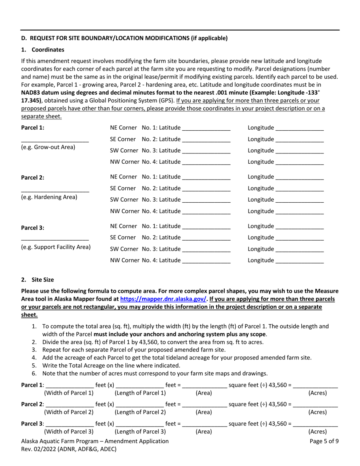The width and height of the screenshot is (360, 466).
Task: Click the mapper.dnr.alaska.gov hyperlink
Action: click(163, 299)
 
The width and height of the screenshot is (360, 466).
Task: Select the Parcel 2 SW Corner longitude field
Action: click(300, 200)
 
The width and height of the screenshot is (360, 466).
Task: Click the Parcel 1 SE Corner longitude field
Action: click(300, 139)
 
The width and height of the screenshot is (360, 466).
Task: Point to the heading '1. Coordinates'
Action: click(43, 50)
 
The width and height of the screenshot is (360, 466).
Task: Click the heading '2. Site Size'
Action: click(38, 280)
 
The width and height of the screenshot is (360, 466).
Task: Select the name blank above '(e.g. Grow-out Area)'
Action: click(55, 139)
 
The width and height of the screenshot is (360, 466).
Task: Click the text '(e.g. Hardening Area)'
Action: click(49, 197)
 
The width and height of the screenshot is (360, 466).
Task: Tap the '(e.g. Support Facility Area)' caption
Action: click(56, 247)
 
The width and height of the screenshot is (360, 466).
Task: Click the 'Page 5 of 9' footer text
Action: click(324, 441)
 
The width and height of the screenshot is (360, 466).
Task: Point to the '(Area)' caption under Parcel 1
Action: click(203, 393)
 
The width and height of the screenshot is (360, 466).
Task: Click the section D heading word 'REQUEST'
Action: click(44, 38)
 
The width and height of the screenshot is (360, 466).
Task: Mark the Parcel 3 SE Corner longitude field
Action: click(300, 238)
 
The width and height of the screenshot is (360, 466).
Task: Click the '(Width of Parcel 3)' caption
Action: click(69, 432)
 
